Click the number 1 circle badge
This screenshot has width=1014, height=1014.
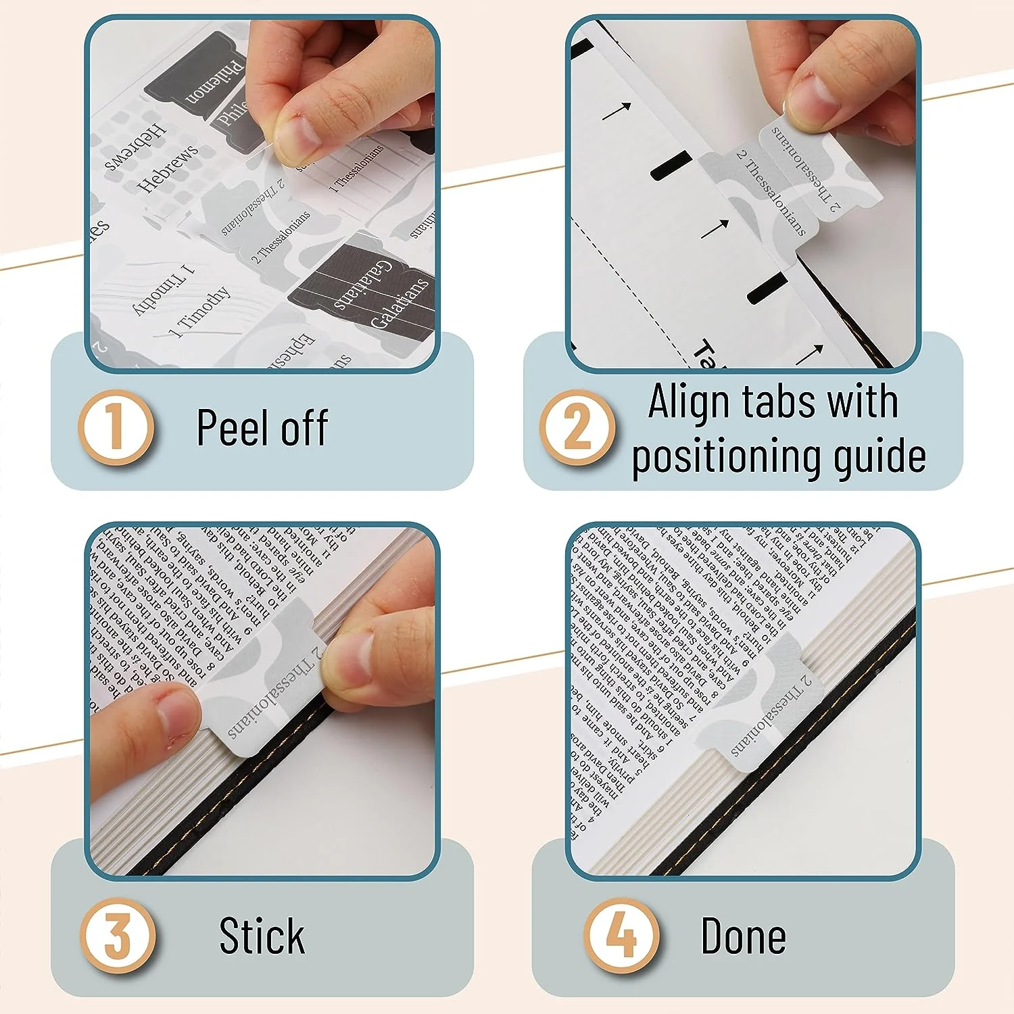(116, 427)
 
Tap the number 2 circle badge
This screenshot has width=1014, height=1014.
(577, 427)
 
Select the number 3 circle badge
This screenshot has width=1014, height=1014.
(118, 936)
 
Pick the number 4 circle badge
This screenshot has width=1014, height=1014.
(621, 936)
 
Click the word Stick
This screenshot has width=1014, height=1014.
(262, 936)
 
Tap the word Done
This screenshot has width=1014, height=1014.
(743, 936)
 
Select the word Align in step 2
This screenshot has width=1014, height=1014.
(690, 402)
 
